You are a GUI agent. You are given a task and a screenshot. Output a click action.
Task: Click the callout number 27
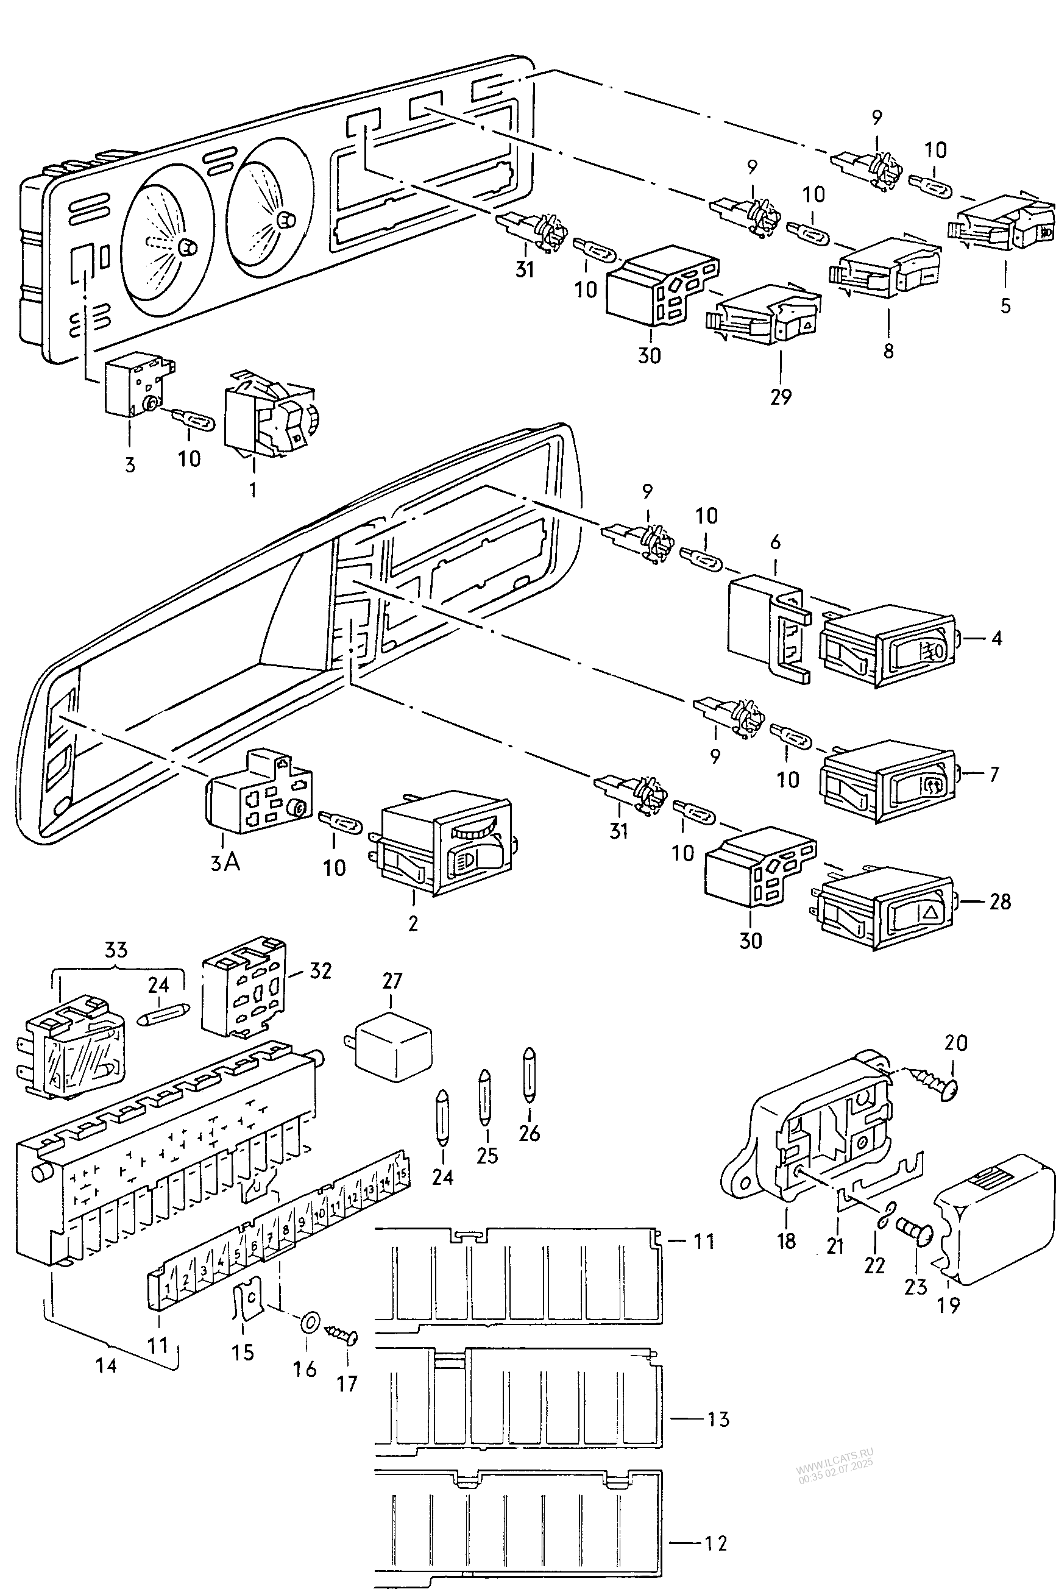point(392,980)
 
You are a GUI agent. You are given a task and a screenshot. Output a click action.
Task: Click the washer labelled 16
point(309,1321)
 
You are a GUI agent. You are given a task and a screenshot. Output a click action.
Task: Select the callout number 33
point(116,950)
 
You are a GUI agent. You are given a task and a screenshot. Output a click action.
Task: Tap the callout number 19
point(948,1305)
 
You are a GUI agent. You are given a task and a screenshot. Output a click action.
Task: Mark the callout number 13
point(718,1420)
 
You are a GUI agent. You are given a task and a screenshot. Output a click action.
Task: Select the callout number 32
point(321,970)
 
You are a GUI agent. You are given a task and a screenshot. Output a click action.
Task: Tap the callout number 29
point(781,397)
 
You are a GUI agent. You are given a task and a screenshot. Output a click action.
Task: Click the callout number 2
point(414,923)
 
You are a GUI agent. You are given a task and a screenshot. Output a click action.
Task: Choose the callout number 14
point(107,1365)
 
